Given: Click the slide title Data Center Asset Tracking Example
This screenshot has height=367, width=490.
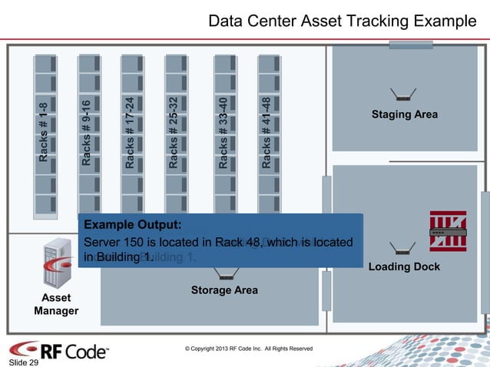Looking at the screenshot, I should pos(342,21).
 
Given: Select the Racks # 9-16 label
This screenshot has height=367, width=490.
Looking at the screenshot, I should pos(87,132).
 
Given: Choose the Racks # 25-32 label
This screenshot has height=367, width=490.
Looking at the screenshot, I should pos(174,132).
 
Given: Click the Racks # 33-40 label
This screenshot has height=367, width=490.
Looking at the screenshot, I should pos(223,132).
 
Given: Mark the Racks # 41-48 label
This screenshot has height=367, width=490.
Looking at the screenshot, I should pos(266,132).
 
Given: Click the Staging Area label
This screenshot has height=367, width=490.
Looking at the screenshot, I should pos(404,114).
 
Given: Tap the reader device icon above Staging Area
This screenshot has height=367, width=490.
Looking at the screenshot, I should pos(402,94).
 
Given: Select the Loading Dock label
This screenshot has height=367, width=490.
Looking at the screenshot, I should pos(404,266).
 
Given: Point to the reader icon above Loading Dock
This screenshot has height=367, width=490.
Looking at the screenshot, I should pos(401,247).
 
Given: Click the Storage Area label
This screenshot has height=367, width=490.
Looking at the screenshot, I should pos(224,290).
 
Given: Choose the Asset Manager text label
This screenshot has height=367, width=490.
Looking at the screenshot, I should pos(56,304).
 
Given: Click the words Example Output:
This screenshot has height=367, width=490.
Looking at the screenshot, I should pos(133,225).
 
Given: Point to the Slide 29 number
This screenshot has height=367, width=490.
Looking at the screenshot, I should pos(23,362).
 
